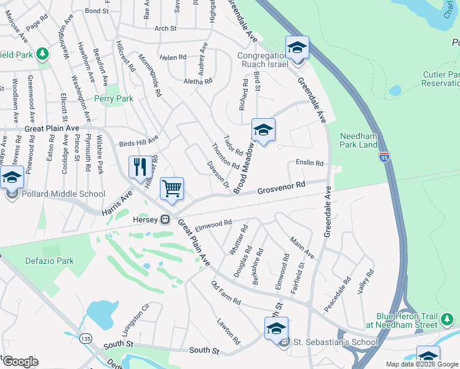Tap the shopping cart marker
[172, 188]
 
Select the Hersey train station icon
[165, 220]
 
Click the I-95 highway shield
[384, 157]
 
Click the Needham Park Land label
[359, 140]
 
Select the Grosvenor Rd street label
[281, 187]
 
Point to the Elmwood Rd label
[213, 225]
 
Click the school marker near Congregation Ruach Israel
[297, 47]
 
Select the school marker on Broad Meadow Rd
[263, 130]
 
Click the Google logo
[20, 362]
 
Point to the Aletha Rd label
[198, 81]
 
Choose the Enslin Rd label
[309, 164]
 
